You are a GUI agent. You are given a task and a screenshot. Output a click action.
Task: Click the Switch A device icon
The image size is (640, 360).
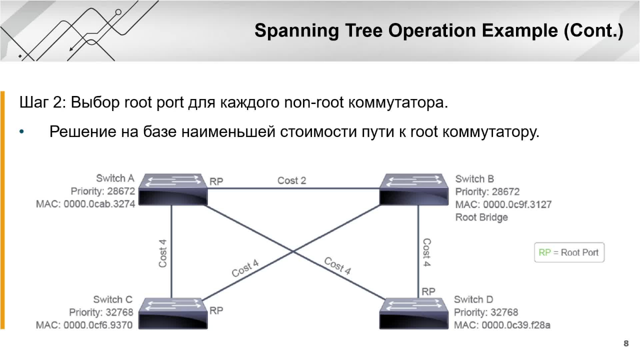point(173,189)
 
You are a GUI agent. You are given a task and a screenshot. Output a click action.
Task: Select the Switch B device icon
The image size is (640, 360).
point(414,189)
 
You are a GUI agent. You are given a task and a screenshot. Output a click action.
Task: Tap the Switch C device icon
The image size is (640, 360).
point(173,313)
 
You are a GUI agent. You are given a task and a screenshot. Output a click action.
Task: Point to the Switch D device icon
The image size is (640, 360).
point(414,313)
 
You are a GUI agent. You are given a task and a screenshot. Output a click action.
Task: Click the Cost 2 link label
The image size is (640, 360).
point(291,180)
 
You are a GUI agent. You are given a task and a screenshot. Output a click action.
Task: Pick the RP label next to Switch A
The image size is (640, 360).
point(216,181)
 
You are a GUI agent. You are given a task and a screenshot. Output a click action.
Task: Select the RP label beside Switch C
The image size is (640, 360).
point(216,310)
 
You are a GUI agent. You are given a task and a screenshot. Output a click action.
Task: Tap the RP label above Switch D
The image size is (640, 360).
point(428,291)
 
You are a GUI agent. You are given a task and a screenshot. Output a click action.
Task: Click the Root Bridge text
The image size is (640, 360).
point(481,217)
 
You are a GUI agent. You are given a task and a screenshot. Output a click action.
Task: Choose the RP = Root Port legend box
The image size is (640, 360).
point(569,252)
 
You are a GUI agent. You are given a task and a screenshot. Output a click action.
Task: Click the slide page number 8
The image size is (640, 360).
point(626,343)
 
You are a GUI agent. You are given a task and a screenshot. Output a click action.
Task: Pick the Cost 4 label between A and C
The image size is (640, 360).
point(162,253)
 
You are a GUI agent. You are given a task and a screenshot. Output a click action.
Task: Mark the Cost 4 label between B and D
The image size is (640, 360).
point(426,252)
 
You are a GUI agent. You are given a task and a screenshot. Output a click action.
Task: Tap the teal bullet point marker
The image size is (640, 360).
point(21,132)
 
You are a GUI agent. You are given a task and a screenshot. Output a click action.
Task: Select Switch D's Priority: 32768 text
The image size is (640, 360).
point(486,312)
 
